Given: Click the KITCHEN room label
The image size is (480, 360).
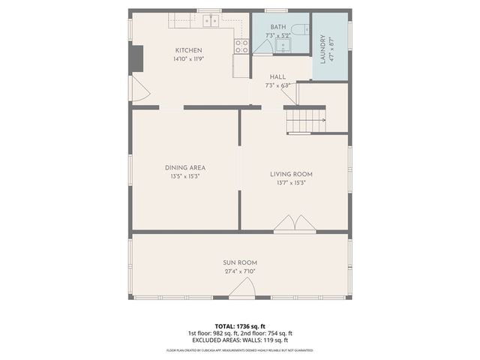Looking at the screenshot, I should pyautogui.click(x=188, y=50).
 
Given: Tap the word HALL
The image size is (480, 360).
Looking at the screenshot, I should pyautogui.click(x=277, y=76).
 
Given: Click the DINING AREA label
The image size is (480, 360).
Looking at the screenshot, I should pyautogui.click(x=185, y=167).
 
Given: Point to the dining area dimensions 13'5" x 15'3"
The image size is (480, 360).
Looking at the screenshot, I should pyautogui.click(x=185, y=176).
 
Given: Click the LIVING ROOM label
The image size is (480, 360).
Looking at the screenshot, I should pyautogui.click(x=291, y=174).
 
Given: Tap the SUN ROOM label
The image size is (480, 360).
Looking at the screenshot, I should pyautogui.click(x=239, y=262).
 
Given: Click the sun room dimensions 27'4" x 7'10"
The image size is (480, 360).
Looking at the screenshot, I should pyautogui.click(x=239, y=271).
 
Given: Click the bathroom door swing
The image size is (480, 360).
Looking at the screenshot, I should pyautogui.click(x=262, y=46).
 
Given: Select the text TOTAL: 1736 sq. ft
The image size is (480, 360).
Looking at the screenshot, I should pyautogui.click(x=239, y=325).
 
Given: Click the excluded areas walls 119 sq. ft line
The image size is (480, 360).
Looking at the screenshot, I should pyautogui.click(x=239, y=340).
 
